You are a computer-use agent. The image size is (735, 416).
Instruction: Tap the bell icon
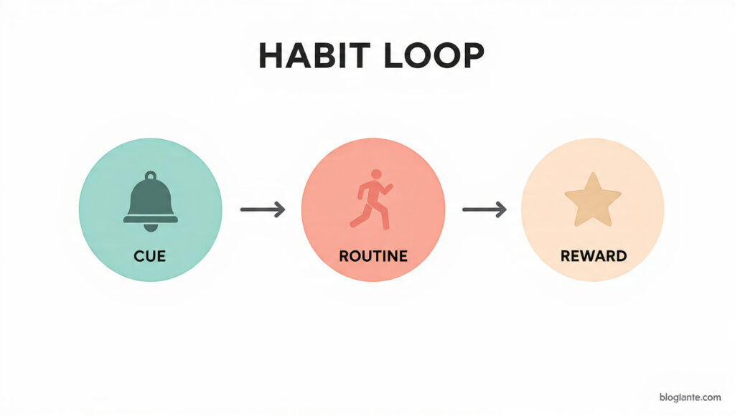[150, 202]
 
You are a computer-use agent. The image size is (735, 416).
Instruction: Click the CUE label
[150, 255]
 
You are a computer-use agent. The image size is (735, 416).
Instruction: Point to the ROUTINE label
[373, 255]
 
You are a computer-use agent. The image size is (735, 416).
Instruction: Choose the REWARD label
[592, 255]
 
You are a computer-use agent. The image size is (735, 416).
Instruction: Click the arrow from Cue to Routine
[262, 209]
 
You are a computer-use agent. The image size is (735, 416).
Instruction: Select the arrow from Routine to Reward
[484, 209]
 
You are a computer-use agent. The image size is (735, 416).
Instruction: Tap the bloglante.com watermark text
[689, 397]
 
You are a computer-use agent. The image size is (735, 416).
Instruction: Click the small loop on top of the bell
[150, 175]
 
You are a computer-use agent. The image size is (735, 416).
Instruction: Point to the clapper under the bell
[150, 227]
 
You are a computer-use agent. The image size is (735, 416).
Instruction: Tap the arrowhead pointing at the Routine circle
[280, 209]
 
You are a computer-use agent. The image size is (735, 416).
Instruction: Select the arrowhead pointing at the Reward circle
[502, 209]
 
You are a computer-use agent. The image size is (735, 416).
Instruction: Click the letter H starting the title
[271, 56]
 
